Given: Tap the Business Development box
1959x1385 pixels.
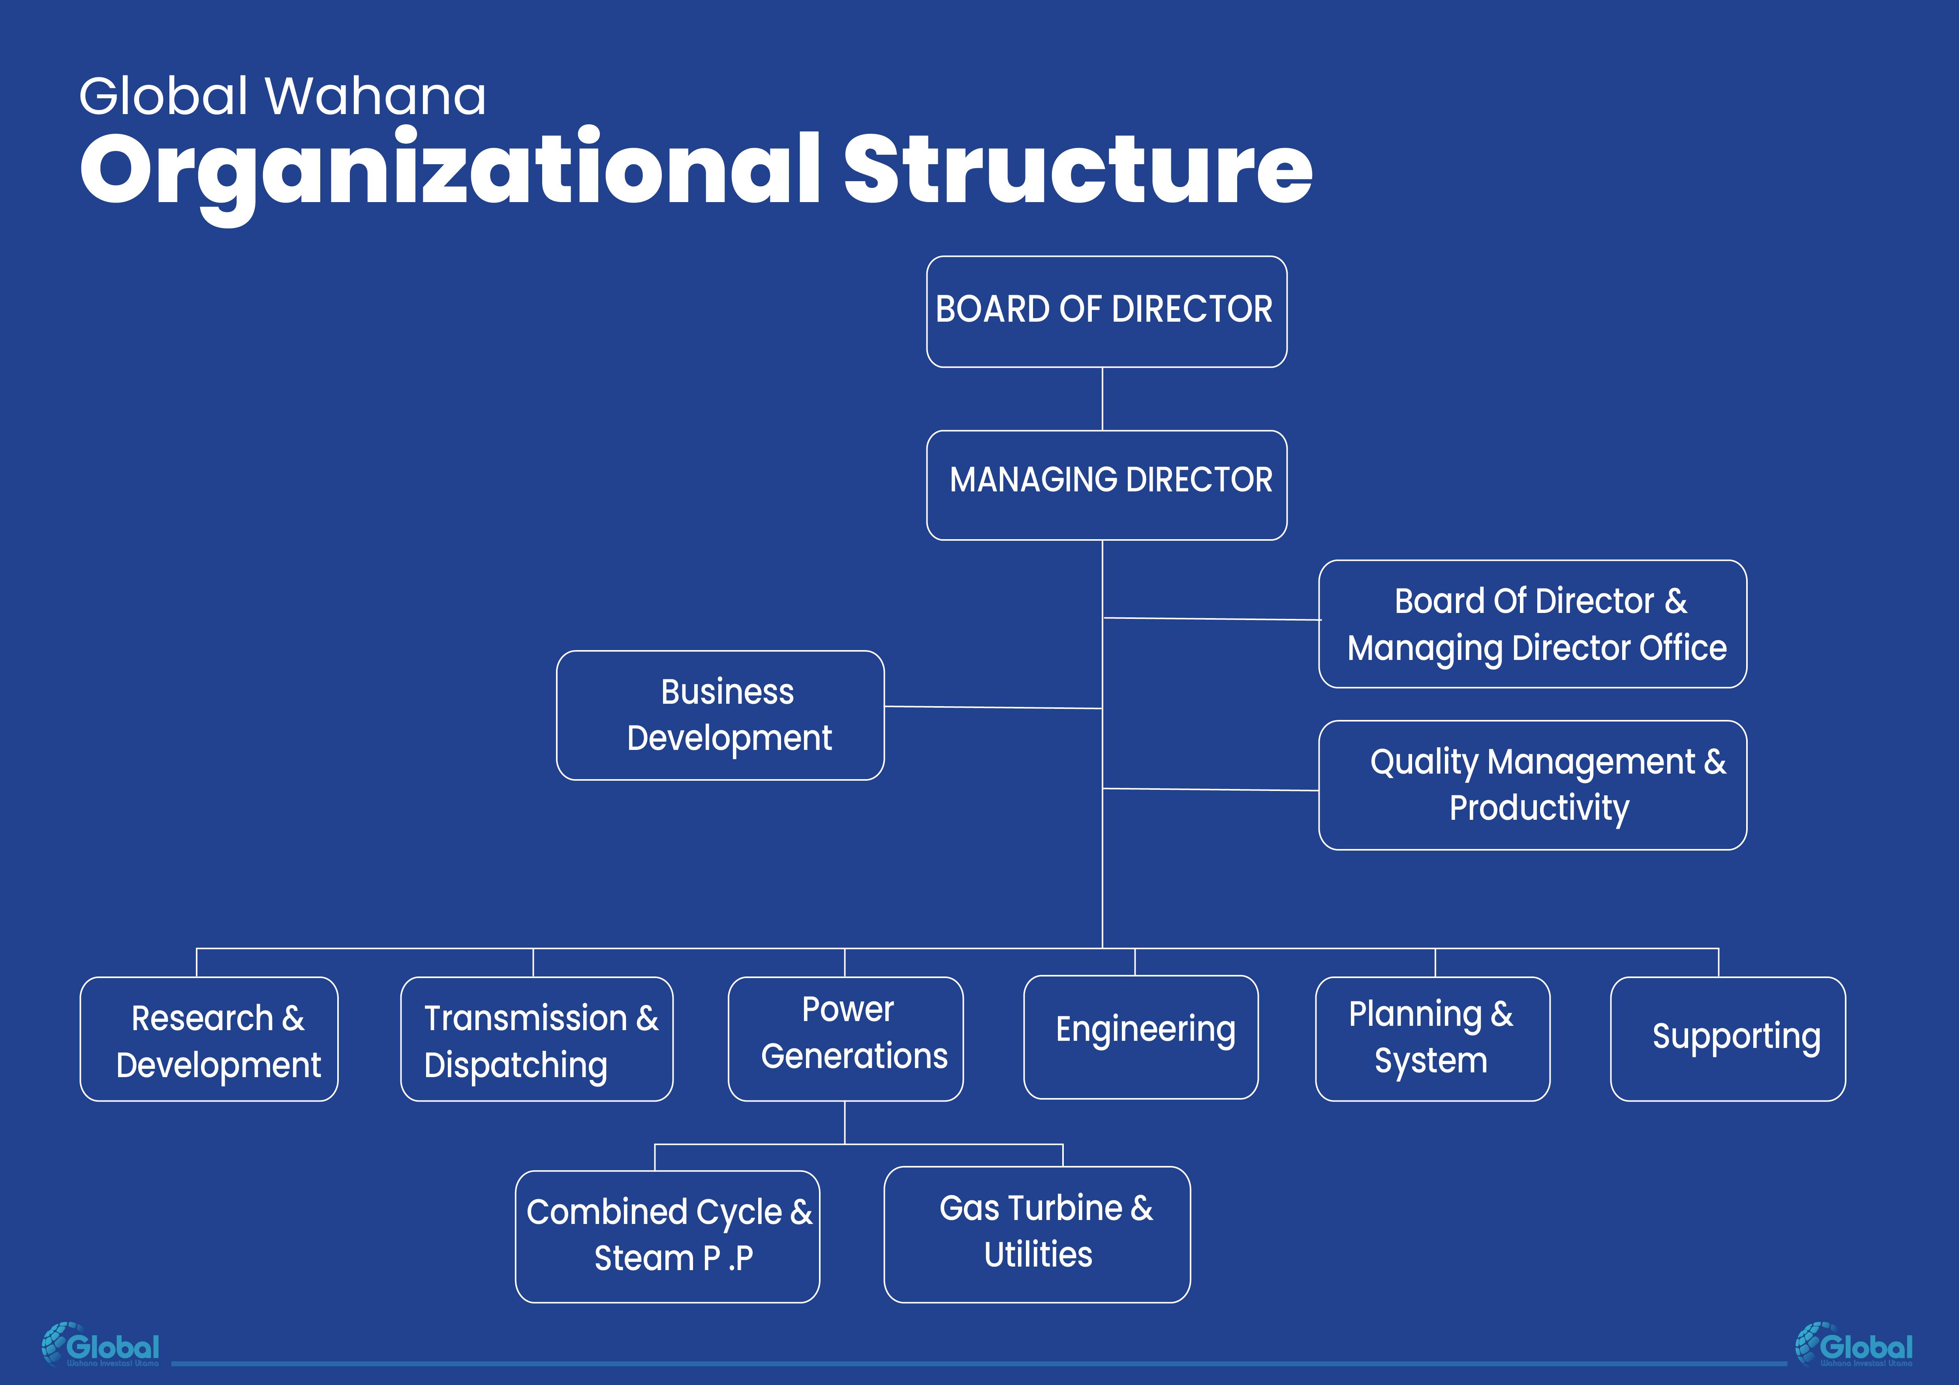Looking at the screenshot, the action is [720, 715].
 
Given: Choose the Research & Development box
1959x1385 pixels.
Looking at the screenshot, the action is [209, 1039].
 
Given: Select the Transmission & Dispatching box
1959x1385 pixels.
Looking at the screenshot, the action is [537, 1039].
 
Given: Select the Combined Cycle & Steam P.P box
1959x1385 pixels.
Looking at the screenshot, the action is [667, 1236].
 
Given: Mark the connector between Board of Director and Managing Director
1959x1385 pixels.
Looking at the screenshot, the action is [1103, 399].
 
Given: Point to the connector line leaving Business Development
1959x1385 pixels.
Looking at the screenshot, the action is [992, 707].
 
